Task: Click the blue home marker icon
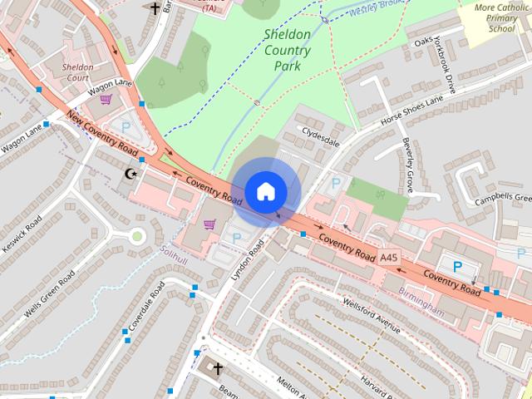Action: click(264, 191)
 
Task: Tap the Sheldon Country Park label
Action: click(287, 50)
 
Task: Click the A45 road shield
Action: click(389, 259)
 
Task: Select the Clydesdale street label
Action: click(321, 137)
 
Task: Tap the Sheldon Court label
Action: click(76, 72)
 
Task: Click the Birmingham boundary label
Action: click(421, 299)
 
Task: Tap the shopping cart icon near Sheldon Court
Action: click(106, 100)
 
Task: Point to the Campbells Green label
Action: click(502, 199)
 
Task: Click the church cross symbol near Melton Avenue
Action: click(218, 367)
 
